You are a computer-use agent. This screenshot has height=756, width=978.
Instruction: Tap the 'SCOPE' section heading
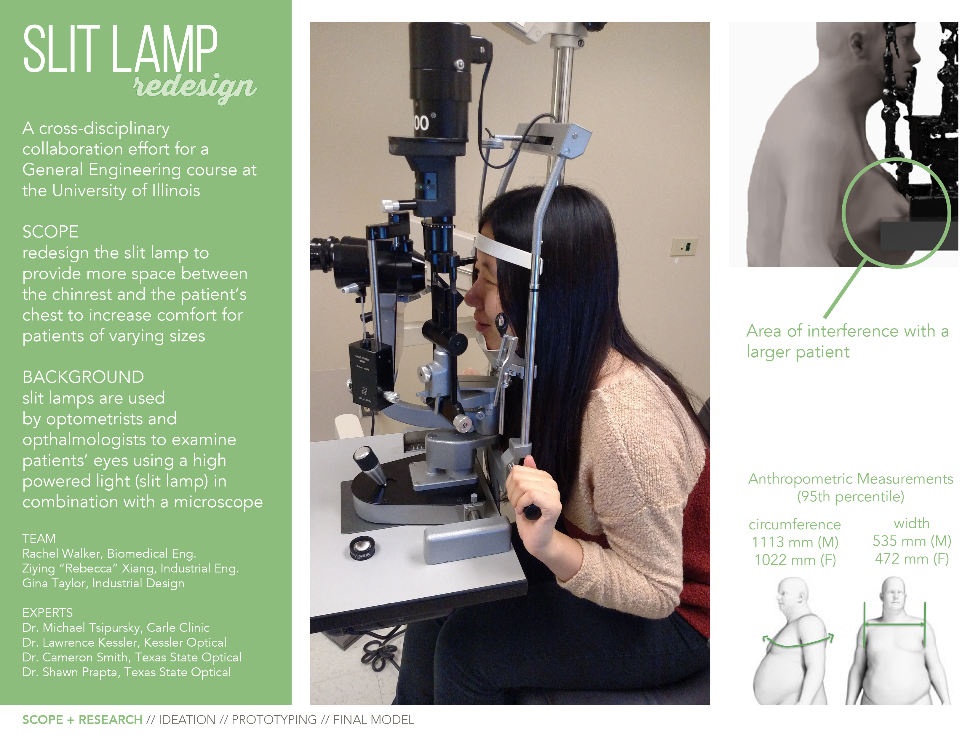click(x=50, y=232)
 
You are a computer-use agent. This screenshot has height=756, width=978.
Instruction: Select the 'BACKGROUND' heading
click(x=83, y=377)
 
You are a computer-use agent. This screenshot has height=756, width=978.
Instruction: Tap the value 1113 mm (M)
click(x=794, y=542)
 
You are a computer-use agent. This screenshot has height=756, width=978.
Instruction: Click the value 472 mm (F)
click(x=912, y=559)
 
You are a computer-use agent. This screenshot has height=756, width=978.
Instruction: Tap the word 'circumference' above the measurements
click(x=794, y=524)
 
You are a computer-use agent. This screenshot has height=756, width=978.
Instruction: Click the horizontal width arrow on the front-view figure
click(x=894, y=637)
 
